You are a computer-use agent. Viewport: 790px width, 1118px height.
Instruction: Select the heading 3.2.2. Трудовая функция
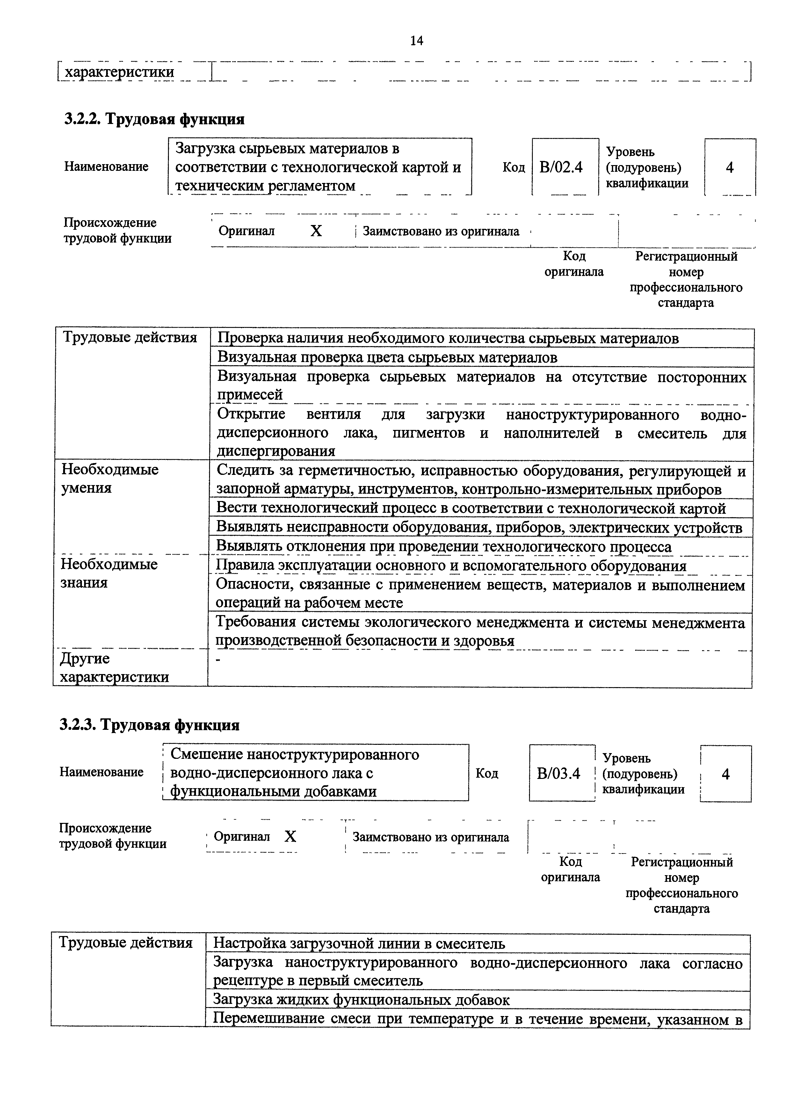[x=154, y=119]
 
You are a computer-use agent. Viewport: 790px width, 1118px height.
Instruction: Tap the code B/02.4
[x=561, y=168]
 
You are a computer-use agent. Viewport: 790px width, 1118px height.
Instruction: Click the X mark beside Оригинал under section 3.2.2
[x=316, y=231]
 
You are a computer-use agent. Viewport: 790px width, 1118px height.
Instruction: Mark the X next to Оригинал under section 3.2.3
[x=290, y=837]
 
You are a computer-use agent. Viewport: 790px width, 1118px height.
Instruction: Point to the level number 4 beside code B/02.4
[x=730, y=168]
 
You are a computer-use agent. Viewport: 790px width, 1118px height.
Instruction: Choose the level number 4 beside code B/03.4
[x=726, y=774]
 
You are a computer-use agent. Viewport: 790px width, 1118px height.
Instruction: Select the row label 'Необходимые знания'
[x=109, y=573]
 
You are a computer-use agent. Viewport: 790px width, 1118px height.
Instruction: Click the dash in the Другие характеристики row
[x=218, y=659]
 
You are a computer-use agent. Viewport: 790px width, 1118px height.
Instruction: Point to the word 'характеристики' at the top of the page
[x=120, y=72]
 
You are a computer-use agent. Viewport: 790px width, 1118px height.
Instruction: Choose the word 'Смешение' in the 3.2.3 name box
[x=207, y=754]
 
